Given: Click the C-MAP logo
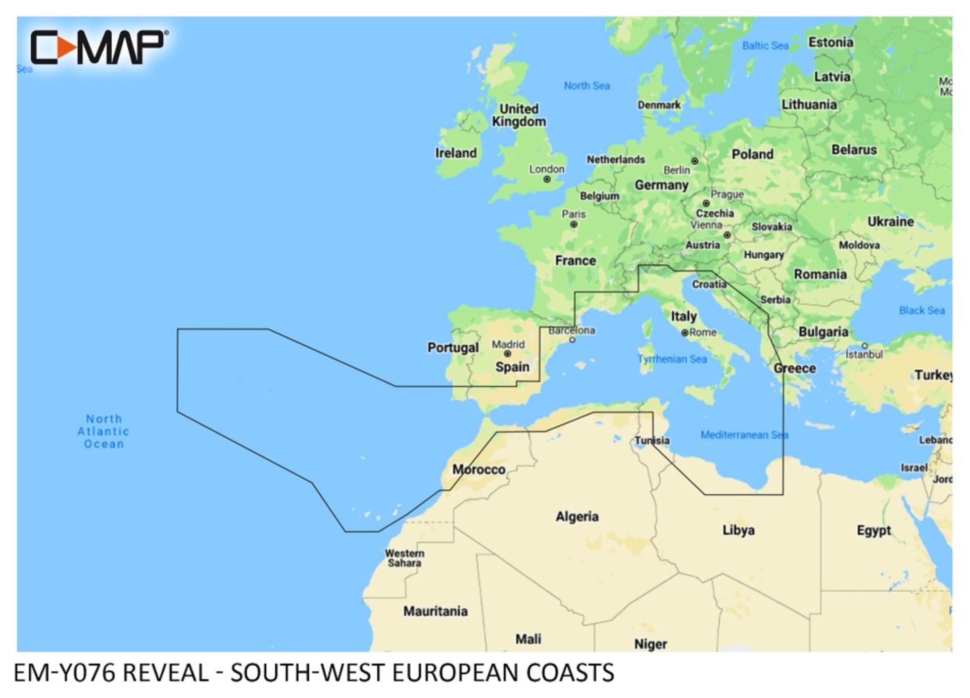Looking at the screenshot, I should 99,47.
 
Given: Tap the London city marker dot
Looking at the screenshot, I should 547,179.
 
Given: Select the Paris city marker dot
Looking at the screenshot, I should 574,224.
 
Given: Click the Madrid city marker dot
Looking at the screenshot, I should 507,354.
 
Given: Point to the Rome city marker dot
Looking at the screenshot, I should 685,333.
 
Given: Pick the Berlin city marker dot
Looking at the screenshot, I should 695,161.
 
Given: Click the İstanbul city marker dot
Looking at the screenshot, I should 864,346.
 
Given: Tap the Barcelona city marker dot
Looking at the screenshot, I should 572,340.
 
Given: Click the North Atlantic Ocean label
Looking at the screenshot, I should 104,432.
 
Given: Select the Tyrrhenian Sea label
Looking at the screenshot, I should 672,359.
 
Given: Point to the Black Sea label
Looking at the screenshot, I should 922,310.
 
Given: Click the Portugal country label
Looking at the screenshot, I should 453,348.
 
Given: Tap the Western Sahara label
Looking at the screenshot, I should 404,558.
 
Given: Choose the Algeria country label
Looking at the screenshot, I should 577,517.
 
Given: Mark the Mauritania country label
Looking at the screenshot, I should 435,612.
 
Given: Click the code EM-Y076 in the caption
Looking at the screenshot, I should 65,673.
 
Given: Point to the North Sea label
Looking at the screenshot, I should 587,86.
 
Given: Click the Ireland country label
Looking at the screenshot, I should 456,153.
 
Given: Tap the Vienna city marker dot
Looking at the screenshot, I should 726,235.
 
